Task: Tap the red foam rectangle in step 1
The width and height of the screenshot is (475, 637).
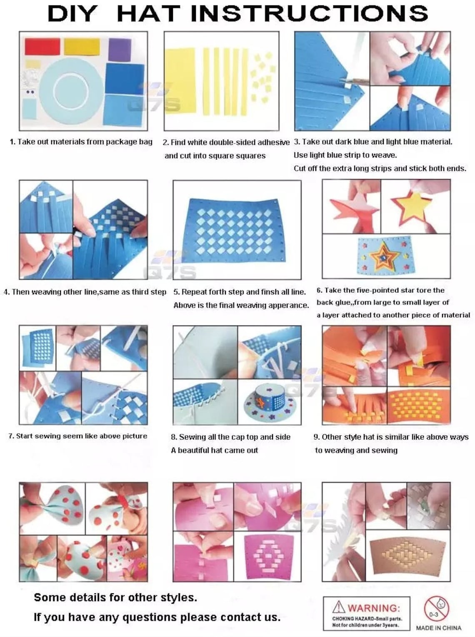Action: click(42, 47)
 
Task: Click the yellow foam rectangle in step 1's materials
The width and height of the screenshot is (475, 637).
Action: click(82, 47)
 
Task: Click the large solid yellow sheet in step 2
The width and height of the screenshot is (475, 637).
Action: click(180, 80)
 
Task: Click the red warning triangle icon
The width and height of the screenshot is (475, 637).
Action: click(339, 607)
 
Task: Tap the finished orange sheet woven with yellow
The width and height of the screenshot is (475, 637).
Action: click(418, 405)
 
